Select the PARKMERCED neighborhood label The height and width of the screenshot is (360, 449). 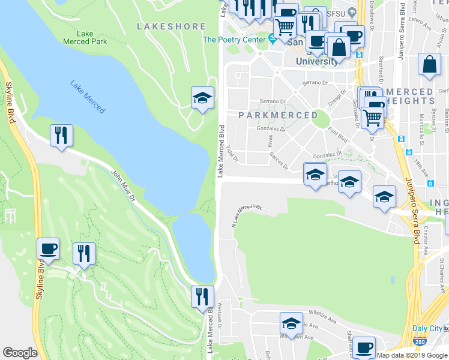tap(278, 115)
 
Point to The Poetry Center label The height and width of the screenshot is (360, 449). tap(233, 40)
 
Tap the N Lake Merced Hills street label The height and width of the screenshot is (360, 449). tap(247, 214)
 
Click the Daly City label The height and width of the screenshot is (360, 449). tap(427, 328)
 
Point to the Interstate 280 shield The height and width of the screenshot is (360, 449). tap(418, 342)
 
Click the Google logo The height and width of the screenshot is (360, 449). tap(20, 353)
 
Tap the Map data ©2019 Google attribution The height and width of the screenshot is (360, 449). tap(411, 355)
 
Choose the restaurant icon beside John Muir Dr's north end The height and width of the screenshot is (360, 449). tap(61, 135)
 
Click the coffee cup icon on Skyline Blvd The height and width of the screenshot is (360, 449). tap(48, 248)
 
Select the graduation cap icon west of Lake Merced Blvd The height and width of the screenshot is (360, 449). tap(202, 97)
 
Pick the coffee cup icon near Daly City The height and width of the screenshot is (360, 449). tap(363, 347)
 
